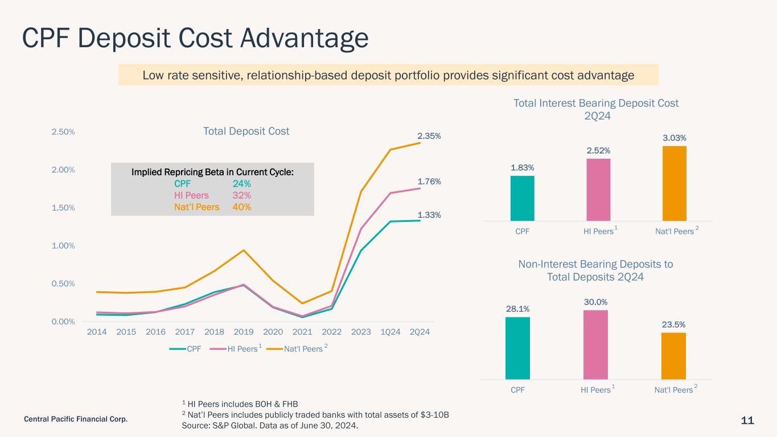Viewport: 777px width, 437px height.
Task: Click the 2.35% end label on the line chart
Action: pyautogui.click(x=429, y=136)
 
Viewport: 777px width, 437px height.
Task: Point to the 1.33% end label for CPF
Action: pyautogui.click(x=429, y=215)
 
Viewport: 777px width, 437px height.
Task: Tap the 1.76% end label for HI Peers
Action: pyautogui.click(x=429, y=182)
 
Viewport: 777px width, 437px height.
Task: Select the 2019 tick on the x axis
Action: pyautogui.click(x=244, y=332)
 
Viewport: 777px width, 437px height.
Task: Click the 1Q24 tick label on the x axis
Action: pyautogui.click(x=390, y=332)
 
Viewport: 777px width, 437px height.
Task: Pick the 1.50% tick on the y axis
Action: pyautogui.click(x=63, y=208)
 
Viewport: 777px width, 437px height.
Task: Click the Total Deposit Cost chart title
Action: pyautogui.click(x=246, y=131)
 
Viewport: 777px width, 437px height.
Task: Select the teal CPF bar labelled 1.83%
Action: pyautogui.click(x=523, y=199)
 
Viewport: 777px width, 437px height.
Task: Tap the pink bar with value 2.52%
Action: pyautogui.click(x=598, y=189)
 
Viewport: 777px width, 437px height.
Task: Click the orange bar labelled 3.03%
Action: pyautogui.click(x=675, y=183)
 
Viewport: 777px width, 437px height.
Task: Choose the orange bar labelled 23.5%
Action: pyautogui.click(x=673, y=356)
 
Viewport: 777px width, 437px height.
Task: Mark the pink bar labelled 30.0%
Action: pyautogui.click(x=595, y=345)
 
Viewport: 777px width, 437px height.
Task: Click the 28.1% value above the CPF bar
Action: pyautogui.click(x=517, y=308)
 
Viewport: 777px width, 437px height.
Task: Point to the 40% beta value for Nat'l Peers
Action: pyautogui.click(x=242, y=207)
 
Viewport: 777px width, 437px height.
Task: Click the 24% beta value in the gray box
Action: pyautogui.click(x=242, y=184)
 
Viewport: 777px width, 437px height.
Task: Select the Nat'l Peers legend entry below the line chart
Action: pyautogui.click(x=297, y=349)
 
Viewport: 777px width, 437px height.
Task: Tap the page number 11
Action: pyautogui.click(x=747, y=420)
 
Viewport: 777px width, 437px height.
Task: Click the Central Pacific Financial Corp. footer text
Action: pyautogui.click(x=76, y=419)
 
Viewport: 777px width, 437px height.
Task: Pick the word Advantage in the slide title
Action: pyautogui.click(x=304, y=38)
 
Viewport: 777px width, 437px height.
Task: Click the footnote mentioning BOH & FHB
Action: pyautogui.click(x=240, y=404)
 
